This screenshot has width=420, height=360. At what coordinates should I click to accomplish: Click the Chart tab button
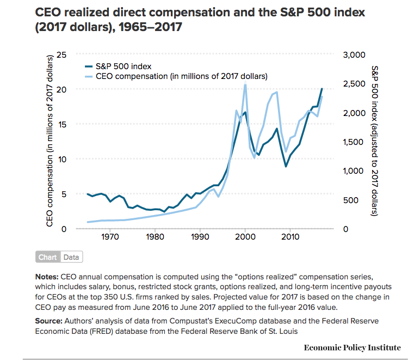[x=48, y=257]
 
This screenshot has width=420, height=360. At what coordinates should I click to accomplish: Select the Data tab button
[x=71, y=257]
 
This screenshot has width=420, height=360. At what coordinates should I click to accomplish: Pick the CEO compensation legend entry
[x=181, y=76]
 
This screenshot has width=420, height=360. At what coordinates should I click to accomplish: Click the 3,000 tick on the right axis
[x=353, y=54]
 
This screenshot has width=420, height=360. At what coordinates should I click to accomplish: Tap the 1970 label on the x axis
[x=110, y=237]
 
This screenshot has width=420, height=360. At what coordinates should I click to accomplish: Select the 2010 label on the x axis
[x=290, y=237]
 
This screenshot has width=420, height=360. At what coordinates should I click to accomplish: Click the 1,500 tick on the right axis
[x=352, y=142]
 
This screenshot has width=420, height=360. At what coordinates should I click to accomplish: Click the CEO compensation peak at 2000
[x=245, y=84]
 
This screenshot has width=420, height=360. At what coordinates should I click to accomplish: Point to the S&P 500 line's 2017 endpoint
[x=322, y=88]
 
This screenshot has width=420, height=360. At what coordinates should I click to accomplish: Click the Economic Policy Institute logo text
[x=352, y=347]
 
